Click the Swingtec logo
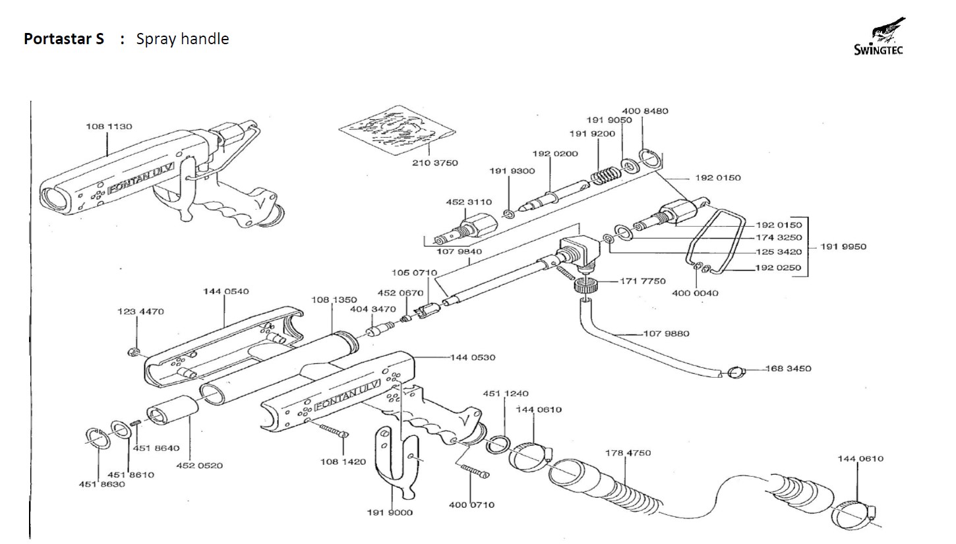click(x=879, y=38)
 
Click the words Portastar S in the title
click(x=64, y=39)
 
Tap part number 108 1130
click(x=109, y=127)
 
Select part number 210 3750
click(x=435, y=163)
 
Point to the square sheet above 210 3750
click(x=398, y=129)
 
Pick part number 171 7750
click(x=643, y=282)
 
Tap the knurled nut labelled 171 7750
click(x=583, y=286)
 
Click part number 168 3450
click(x=789, y=369)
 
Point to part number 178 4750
click(x=628, y=453)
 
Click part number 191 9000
click(x=390, y=512)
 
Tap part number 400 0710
click(x=471, y=505)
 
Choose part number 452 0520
click(x=199, y=466)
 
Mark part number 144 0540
click(x=226, y=291)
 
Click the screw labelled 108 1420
click(x=335, y=432)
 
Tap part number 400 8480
click(x=645, y=111)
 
